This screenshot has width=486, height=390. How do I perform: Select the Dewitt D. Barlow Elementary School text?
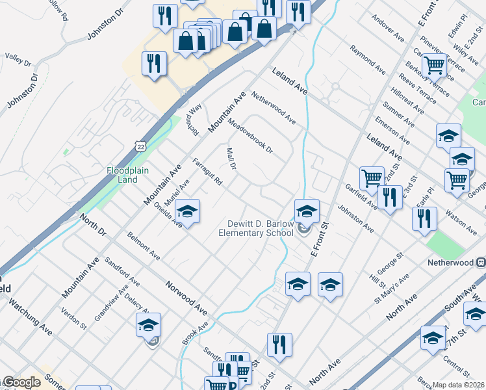256,227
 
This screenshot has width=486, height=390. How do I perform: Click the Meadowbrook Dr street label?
250,135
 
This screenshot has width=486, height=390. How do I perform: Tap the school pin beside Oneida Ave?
187,211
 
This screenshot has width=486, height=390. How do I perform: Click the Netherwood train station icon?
481,263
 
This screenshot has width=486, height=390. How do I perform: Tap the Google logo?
21,382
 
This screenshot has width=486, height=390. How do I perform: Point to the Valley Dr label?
18,59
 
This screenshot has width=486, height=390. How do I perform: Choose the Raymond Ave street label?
368,58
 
